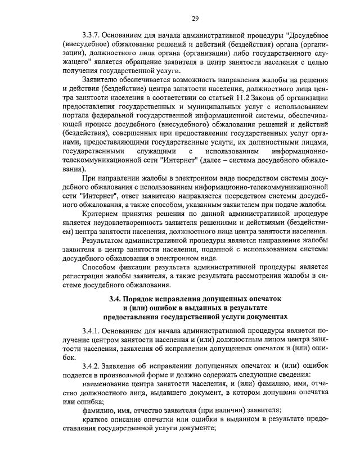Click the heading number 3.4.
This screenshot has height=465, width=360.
(116, 298)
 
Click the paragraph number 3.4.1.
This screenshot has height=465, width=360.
(93, 330)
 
